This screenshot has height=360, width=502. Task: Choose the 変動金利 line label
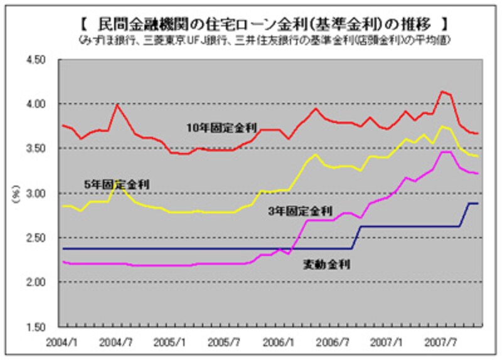pos(326,265)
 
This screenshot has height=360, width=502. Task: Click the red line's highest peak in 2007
pos(442,92)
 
